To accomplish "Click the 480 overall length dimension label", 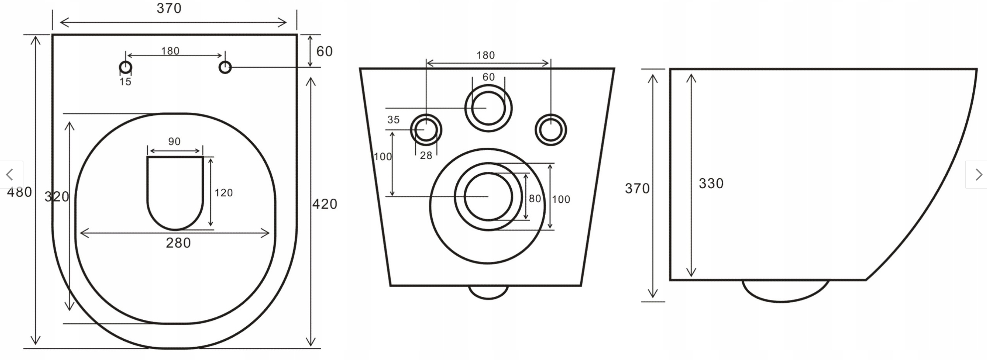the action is [20, 192].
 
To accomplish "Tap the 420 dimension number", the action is [324, 204].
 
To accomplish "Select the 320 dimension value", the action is [57, 197].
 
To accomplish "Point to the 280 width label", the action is [178, 243].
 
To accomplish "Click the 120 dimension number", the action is [224, 193].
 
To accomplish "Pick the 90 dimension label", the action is [174, 141].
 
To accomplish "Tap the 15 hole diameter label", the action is [125, 82].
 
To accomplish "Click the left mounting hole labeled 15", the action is [126, 68].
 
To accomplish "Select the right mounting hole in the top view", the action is [225, 68].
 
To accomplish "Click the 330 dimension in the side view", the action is [711, 183].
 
